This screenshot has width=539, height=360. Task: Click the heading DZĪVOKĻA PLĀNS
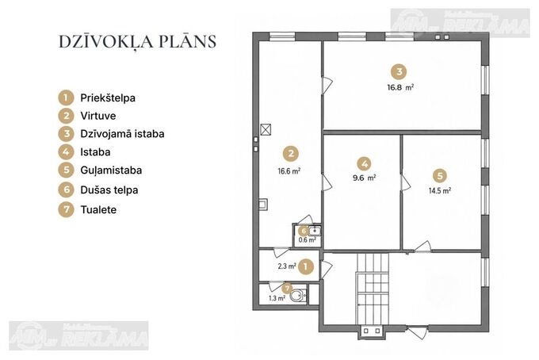pos(137,42)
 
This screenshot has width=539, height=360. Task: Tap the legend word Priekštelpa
pos(108,98)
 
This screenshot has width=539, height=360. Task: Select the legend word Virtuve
pos(98,116)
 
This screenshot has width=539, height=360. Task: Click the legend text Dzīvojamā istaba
pos(122,134)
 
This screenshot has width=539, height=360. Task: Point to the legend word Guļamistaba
pos(111,170)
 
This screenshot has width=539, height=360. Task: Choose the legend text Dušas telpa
pos(109,190)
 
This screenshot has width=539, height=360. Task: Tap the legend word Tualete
pos(98,210)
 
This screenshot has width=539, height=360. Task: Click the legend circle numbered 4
pos(66,151)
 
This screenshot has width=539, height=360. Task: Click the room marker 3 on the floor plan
pos(399,71)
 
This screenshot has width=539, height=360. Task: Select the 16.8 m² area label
pos(400,87)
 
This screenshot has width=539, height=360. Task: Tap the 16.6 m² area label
pos(289,171)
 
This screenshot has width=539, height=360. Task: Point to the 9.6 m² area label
pos(364,178)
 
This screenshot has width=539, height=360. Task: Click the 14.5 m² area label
pos(440,190)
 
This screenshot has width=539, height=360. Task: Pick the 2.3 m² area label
pos(287,266)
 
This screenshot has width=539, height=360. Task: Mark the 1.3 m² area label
pos(277,298)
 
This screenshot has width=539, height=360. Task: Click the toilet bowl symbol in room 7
pos(298,295)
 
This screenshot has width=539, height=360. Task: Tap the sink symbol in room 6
pos(314,231)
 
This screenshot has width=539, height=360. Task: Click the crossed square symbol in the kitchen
pos(266,129)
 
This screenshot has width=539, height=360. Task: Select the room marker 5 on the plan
pos(440,176)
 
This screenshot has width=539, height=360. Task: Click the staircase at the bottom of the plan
pos(373,289)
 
